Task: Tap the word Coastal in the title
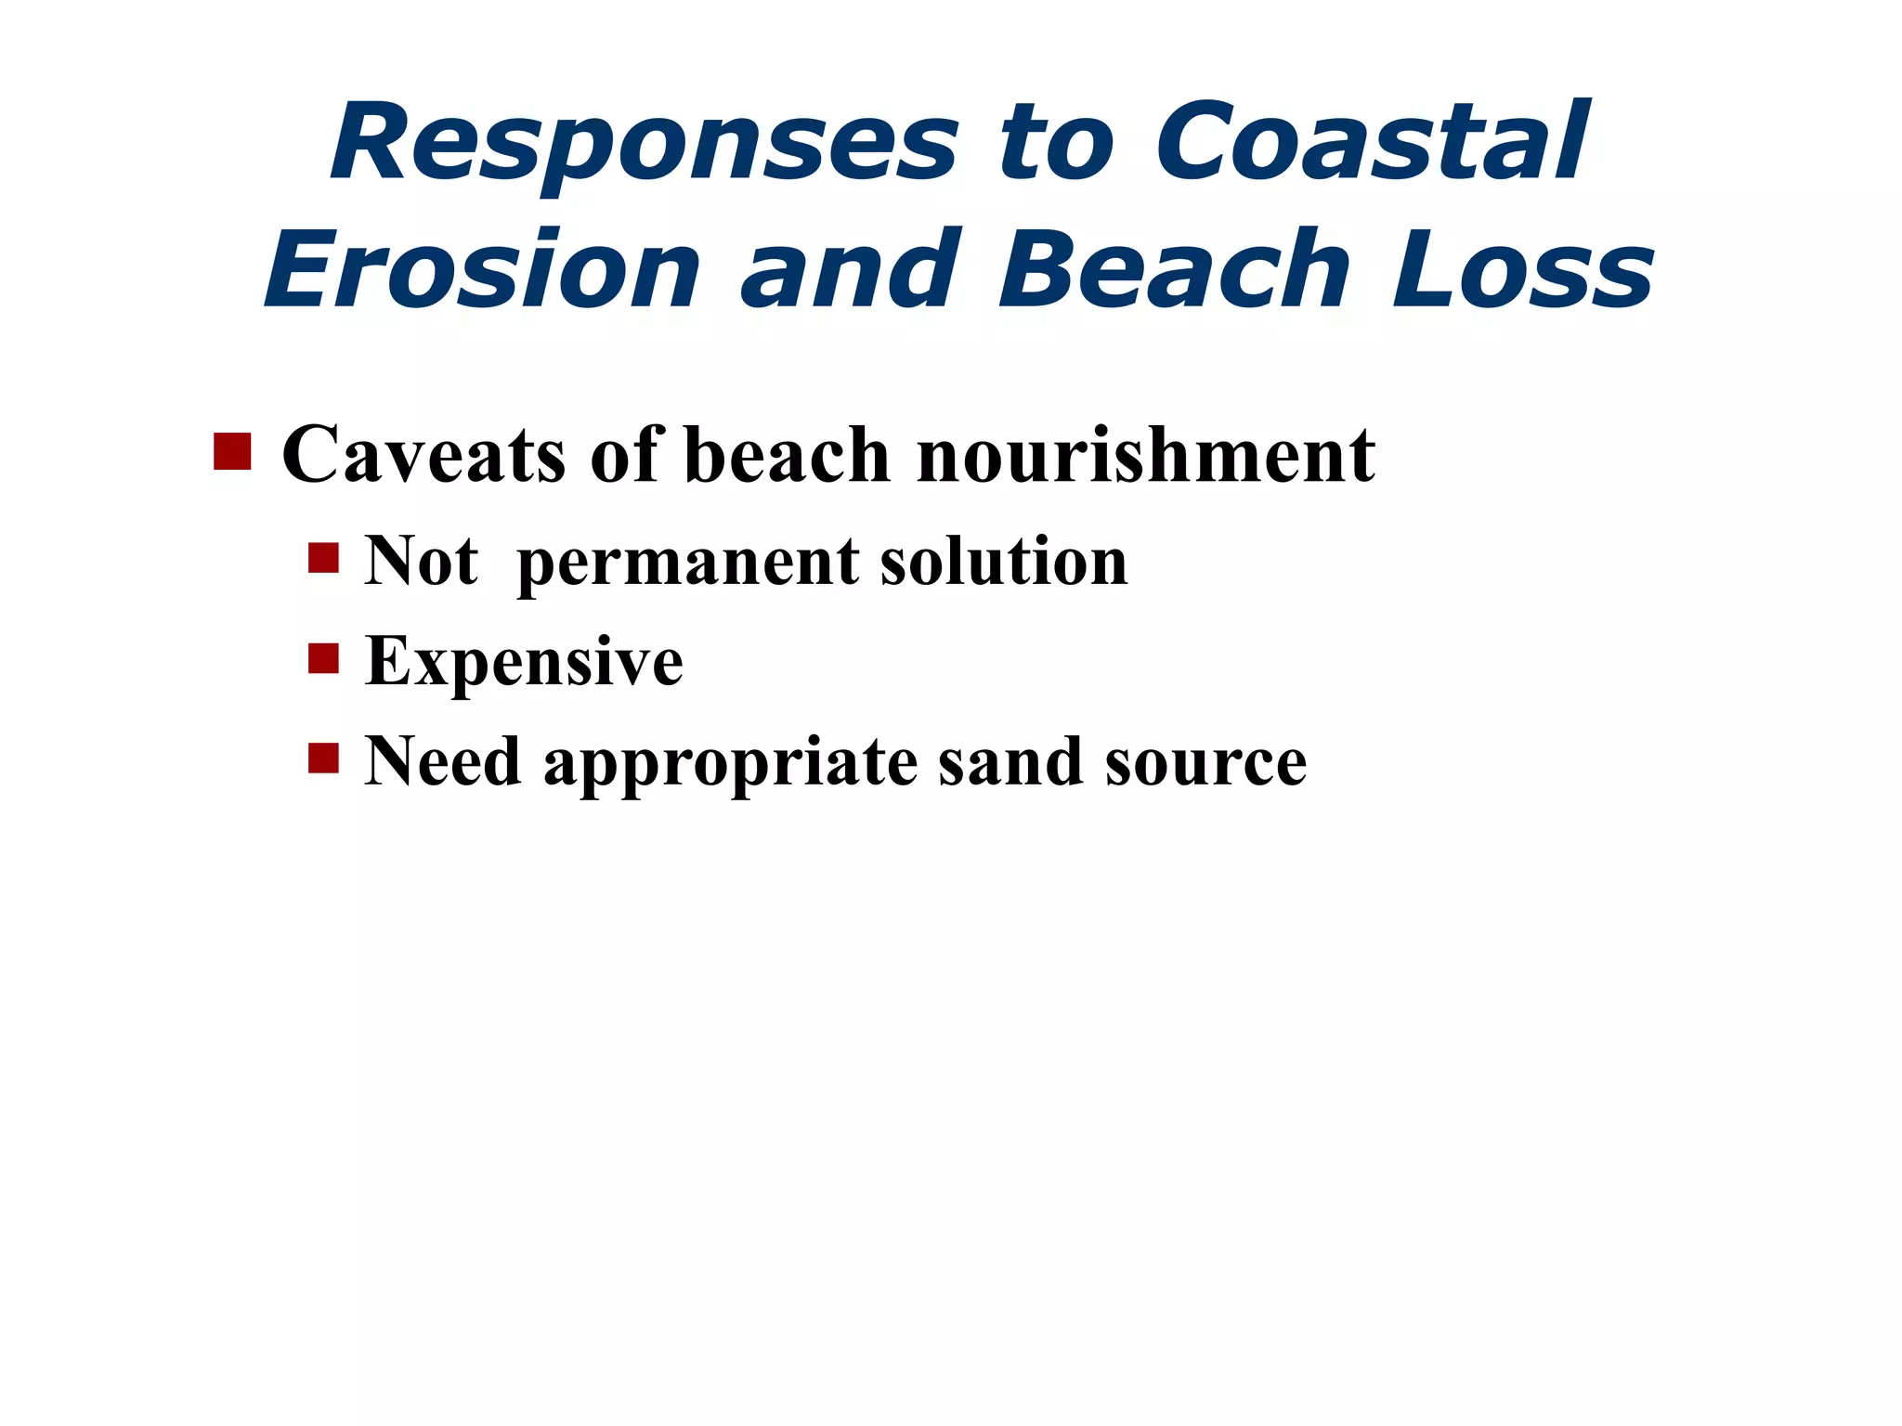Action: tap(1371, 143)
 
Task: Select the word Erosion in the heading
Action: tap(482, 270)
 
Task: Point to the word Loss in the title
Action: tap(1522, 270)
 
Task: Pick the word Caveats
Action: tap(423, 455)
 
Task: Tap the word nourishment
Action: tap(1145, 455)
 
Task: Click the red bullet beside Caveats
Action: tap(232, 451)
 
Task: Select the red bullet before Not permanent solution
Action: tap(323, 559)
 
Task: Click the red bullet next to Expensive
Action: tap(323, 658)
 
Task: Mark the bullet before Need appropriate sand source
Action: tap(323, 758)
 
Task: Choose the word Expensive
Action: tap(524, 662)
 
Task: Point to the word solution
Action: tap(1004, 562)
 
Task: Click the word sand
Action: tap(1010, 762)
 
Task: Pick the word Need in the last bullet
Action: tap(442, 762)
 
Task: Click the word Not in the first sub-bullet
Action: tap(421, 562)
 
